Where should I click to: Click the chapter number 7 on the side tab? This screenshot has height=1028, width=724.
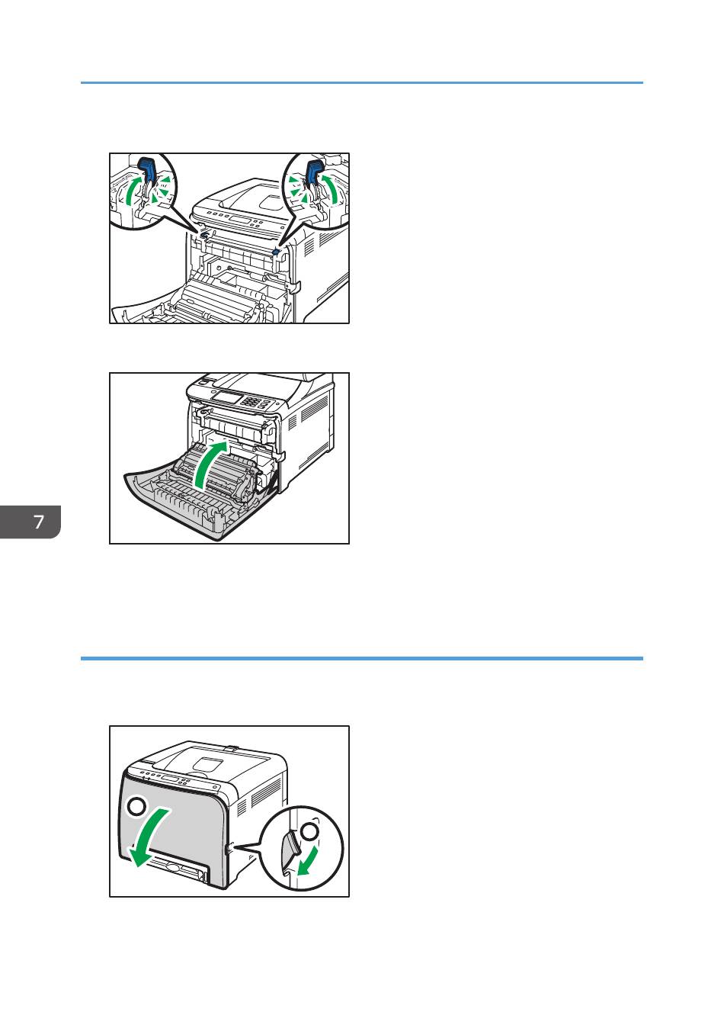click(x=39, y=522)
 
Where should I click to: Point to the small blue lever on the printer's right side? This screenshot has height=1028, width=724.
click(x=275, y=252)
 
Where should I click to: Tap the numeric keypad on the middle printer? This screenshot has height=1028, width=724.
click(x=250, y=401)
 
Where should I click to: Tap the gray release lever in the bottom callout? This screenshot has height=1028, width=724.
click(x=290, y=850)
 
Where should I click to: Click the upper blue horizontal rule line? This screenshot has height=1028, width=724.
click(x=362, y=82)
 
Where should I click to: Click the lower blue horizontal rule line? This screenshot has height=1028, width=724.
click(x=362, y=659)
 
